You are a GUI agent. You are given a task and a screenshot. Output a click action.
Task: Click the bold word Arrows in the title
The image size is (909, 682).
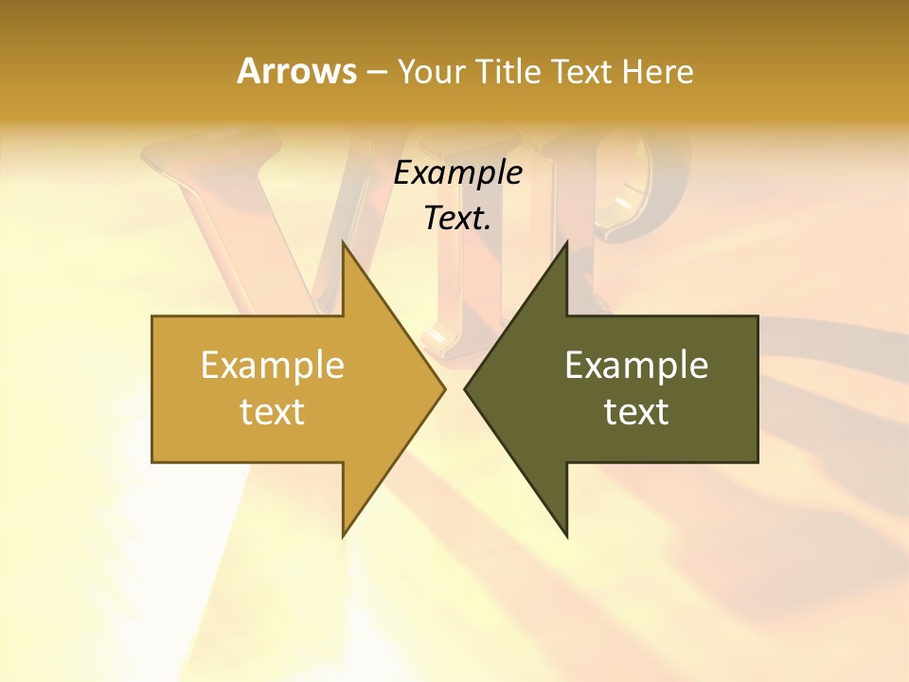coord(296,71)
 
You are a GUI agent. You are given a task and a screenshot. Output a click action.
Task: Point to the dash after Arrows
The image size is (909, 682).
coord(376,72)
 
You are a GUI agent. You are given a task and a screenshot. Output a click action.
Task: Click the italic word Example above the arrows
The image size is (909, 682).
coord(458,173)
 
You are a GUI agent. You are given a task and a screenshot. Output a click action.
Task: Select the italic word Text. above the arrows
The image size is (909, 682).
coord(458,218)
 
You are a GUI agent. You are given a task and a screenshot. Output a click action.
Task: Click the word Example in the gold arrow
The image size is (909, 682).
coord(273,365)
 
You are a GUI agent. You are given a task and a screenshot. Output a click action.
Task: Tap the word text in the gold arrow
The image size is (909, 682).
coord(273,411)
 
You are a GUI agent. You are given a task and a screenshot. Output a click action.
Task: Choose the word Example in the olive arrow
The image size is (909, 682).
coord(636,365)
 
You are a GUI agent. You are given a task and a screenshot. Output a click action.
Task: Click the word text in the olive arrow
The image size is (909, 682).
coord(636,411)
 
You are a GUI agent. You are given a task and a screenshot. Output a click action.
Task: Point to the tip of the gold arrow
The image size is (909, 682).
coord(444,388)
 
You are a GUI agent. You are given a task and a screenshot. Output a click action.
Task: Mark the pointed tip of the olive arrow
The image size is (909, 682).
coord(465,388)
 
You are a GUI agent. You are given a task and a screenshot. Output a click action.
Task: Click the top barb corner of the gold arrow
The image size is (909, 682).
coord(343,242)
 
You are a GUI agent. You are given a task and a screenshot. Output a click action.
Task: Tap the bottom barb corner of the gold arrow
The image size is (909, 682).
coord(343,536)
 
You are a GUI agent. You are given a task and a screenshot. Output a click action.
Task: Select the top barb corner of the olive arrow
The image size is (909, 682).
coord(566,242)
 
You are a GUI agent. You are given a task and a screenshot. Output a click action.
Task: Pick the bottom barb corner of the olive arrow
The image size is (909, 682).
coord(566,536)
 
